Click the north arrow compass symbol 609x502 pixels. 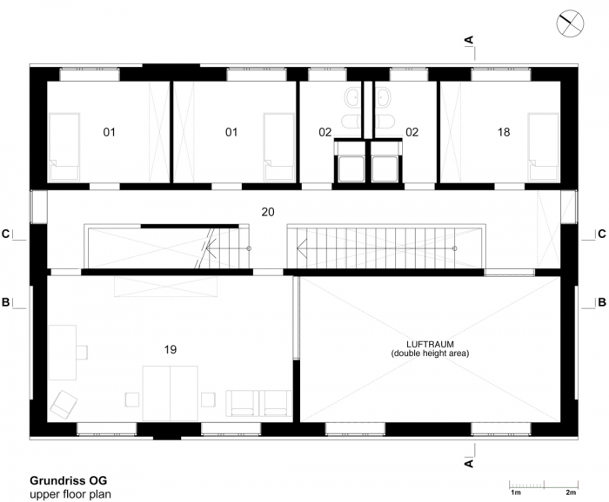(570, 24)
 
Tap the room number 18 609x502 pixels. (504, 132)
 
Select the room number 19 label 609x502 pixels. (171, 349)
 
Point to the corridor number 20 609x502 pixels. (268, 212)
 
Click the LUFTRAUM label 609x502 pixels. (430, 344)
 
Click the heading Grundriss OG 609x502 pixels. (69, 480)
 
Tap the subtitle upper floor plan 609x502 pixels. (70, 494)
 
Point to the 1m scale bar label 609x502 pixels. (515, 492)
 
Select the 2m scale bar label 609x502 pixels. (571, 492)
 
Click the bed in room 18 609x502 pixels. (543, 147)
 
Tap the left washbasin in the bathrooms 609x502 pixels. (353, 96)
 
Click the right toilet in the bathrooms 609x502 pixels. (385, 122)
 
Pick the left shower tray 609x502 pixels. (351, 168)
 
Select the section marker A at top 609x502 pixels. (470, 40)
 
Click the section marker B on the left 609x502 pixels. (5, 302)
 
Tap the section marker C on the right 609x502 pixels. (602, 234)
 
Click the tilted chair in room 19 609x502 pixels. (64, 405)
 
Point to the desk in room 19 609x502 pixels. (63, 353)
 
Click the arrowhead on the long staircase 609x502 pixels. (300, 248)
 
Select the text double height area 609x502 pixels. (430, 353)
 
